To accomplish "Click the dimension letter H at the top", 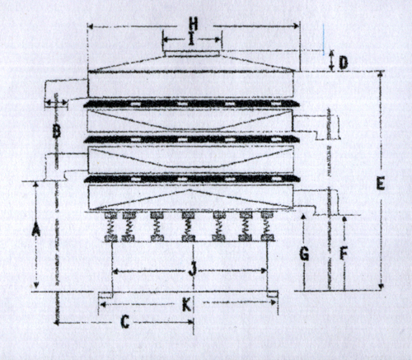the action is tap(194, 24).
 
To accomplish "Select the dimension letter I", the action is tap(192, 40).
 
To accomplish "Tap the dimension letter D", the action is tap(344, 63).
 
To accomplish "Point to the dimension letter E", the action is tap(381, 184).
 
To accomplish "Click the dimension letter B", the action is tap(56, 132).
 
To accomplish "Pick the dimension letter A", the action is tap(35, 230).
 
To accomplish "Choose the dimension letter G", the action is tap(304, 254).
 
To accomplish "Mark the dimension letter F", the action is tap(344, 254).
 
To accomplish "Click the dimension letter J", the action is tap(193, 269).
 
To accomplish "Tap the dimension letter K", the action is tap(187, 305).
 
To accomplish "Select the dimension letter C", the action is tap(125, 322).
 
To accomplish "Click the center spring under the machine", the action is tap(189, 227).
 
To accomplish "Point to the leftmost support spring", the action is tap(111, 227).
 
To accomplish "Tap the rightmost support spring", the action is tap(267, 227).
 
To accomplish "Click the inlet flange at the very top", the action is tap(192, 54).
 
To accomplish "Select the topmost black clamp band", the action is tap(192, 104).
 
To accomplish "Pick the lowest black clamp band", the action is tap(192, 179).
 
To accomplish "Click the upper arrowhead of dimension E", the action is tap(381, 73).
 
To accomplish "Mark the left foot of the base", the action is tap(105, 295).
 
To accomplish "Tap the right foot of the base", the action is tap(272, 294).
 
